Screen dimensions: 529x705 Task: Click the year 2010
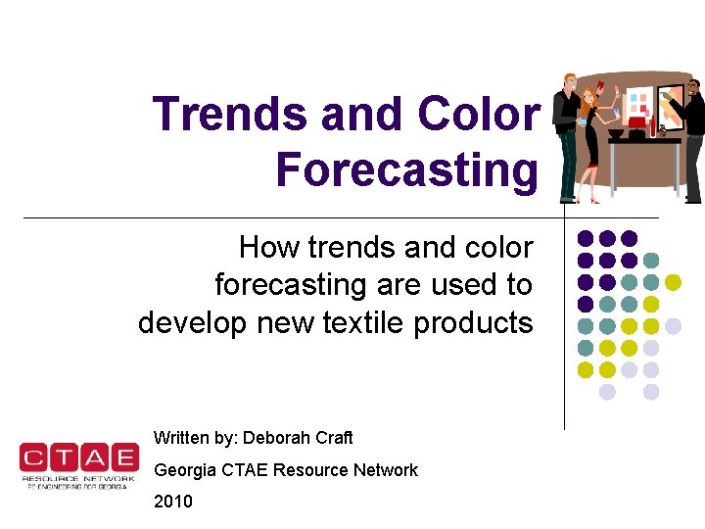point(173,502)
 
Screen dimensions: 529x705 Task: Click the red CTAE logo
point(78,462)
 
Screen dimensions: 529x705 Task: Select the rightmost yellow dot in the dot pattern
point(673,282)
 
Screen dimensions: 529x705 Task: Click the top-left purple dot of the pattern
point(586,238)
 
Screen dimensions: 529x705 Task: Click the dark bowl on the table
point(616,133)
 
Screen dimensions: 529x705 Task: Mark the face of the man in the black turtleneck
point(693,91)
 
